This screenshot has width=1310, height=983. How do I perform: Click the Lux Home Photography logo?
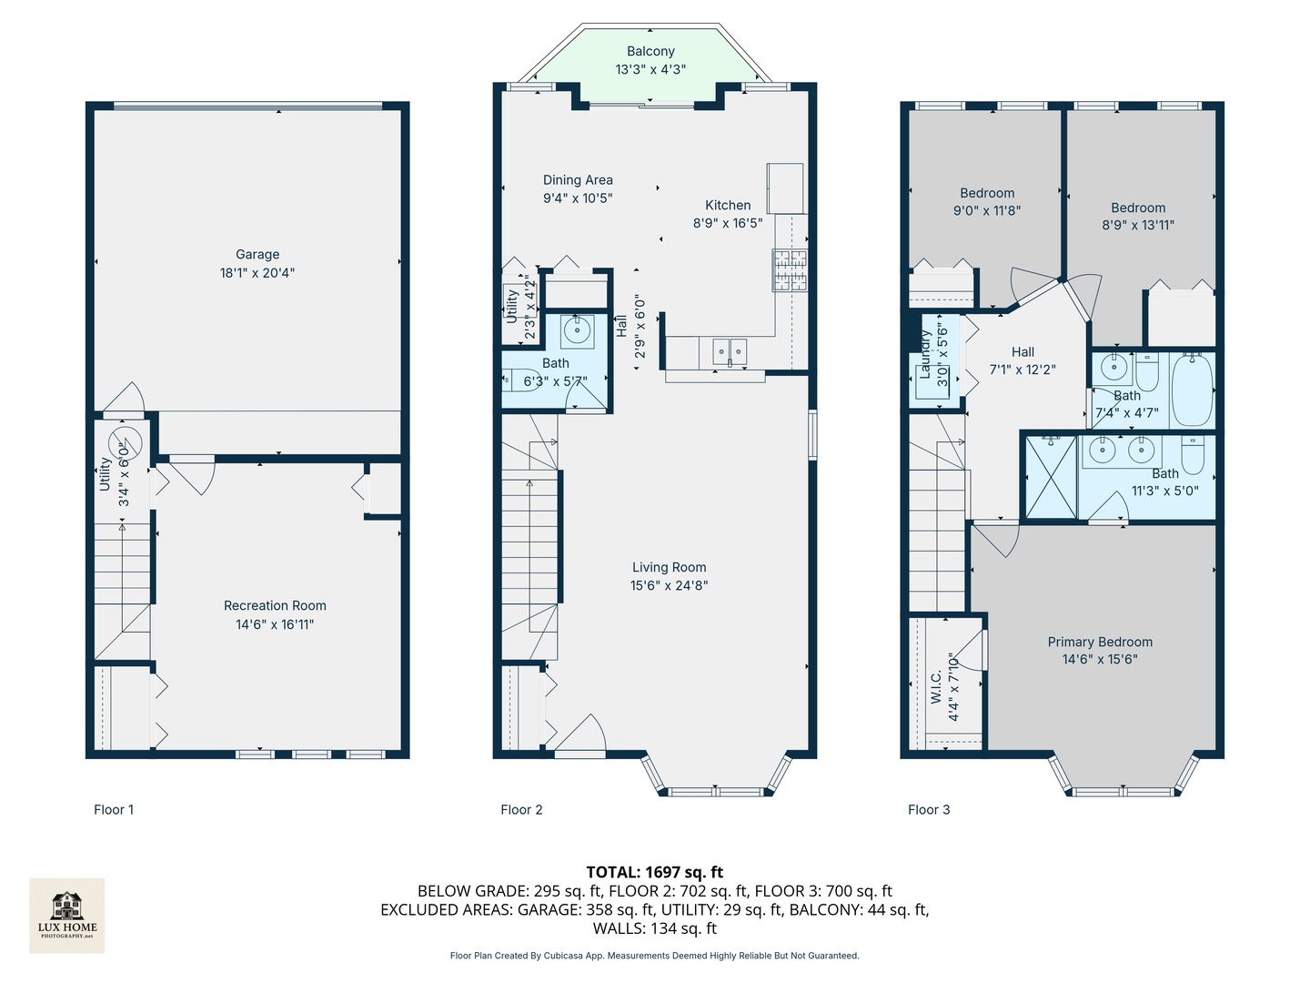click(66, 914)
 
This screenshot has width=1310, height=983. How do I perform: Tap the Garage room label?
click(257, 255)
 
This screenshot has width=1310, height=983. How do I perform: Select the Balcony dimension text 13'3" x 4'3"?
click(650, 69)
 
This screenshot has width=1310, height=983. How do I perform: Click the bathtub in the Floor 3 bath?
click(1192, 390)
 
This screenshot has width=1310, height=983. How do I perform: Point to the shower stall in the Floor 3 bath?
click(1051, 478)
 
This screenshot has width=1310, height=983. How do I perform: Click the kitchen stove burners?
click(790, 270)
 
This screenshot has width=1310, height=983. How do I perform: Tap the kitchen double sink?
click(730, 350)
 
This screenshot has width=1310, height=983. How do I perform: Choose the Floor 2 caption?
click(521, 809)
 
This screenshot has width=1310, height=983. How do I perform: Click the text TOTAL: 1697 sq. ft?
click(654, 872)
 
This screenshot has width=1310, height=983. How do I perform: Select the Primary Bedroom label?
click(1099, 642)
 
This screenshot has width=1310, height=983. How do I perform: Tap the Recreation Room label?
click(275, 605)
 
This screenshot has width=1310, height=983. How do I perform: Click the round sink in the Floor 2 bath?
click(577, 329)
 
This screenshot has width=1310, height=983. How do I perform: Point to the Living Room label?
click(669, 567)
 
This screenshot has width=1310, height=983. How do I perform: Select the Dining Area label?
click(578, 180)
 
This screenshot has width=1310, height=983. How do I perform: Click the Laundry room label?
click(925, 353)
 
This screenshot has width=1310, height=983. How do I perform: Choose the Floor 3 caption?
click(929, 809)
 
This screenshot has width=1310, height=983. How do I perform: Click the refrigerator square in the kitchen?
click(785, 187)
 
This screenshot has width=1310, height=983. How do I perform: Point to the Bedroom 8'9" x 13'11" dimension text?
click(1138, 225)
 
